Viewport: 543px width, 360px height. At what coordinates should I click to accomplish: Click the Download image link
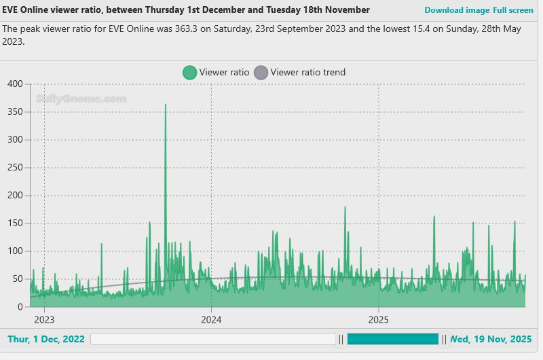(x=456, y=10)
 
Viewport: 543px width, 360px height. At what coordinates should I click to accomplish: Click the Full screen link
(x=513, y=10)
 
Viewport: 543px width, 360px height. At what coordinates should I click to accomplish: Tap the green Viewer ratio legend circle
(x=189, y=73)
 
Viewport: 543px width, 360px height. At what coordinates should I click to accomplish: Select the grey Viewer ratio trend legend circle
(x=261, y=73)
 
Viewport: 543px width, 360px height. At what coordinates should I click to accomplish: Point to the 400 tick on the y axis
(x=15, y=84)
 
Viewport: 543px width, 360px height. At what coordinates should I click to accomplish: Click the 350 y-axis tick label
(x=15, y=111)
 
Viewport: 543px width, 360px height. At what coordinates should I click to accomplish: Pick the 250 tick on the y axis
(x=15, y=168)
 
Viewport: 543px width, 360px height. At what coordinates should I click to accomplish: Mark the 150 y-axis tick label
(x=15, y=223)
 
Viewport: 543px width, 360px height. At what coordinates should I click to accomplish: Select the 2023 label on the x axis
(x=44, y=319)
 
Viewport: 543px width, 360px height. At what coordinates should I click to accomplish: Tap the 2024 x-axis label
(x=211, y=319)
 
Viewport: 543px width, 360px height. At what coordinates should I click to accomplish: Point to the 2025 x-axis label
(x=378, y=319)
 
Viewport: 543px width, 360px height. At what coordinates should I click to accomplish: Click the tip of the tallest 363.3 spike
(x=165, y=105)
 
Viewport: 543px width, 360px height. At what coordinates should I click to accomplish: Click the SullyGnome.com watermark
(x=81, y=99)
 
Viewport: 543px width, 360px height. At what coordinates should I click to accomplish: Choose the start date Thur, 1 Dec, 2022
(x=45, y=339)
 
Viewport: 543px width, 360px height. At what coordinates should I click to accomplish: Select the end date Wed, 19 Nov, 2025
(x=491, y=339)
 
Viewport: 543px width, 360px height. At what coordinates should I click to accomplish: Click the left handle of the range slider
(x=342, y=339)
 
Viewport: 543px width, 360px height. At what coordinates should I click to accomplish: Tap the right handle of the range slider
(x=444, y=339)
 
